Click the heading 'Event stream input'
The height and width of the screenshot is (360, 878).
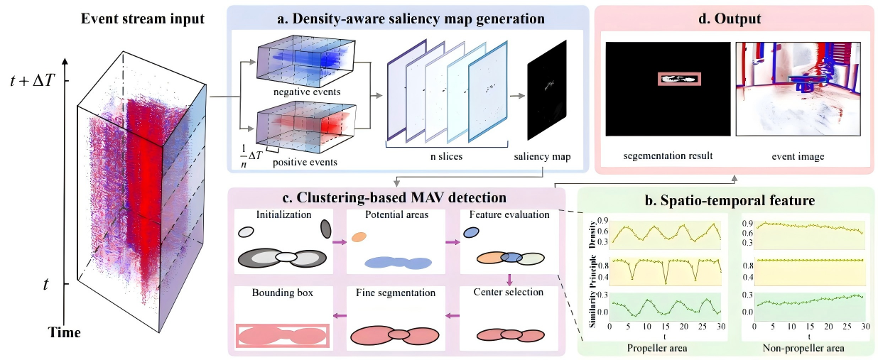click(x=143, y=18)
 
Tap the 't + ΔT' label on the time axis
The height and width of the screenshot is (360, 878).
click(x=32, y=81)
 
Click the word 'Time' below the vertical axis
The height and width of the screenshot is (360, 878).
click(x=64, y=332)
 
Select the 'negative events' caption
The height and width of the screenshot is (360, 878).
click(x=307, y=92)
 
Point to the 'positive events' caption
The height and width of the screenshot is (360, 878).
click(x=305, y=162)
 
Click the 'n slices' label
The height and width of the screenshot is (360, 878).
click(x=446, y=156)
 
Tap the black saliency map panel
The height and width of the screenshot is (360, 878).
click(x=547, y=90)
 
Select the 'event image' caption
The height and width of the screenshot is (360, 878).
click(x=798, y=157)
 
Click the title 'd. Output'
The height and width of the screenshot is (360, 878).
click(x=730, y=18)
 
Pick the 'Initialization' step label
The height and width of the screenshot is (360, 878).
click(x=283, y=214)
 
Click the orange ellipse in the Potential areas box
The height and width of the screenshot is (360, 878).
click(x=359, y=237)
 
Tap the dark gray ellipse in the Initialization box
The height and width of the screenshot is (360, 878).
click(x=326, y=229)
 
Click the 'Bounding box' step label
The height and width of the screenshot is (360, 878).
click(x=283, y=293)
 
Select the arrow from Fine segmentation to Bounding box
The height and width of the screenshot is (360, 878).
click(x=340, y=315)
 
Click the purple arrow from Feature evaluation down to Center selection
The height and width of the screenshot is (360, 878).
click(x=509, y=279)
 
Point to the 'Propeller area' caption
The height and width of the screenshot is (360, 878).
click(x=657, y=348)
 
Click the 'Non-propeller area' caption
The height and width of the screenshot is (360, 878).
click(x=803, y=348)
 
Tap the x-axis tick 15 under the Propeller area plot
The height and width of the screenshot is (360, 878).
click(x=665, y=327)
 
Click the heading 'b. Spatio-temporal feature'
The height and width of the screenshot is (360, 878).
click(x=730, y=200)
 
